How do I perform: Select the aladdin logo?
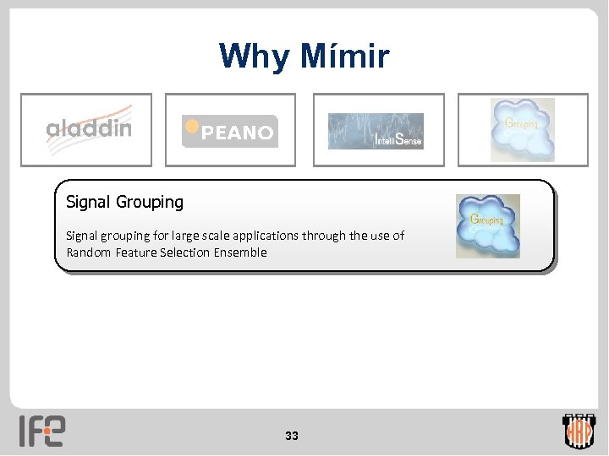[x=89, y=128]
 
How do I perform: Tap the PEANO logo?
[x=229, y=131]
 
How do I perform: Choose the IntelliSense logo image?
[x=376, y=131]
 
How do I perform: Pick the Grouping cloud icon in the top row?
[x=523, y=129]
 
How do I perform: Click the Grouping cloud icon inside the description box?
[x=488, y=225]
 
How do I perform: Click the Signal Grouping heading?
[x=124, y=203]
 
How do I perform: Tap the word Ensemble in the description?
[x=240, y=252]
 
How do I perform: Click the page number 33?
[x=292, y=437]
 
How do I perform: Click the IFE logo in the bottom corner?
[x=41, y=431]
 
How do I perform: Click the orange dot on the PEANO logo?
[x=192, y=126]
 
